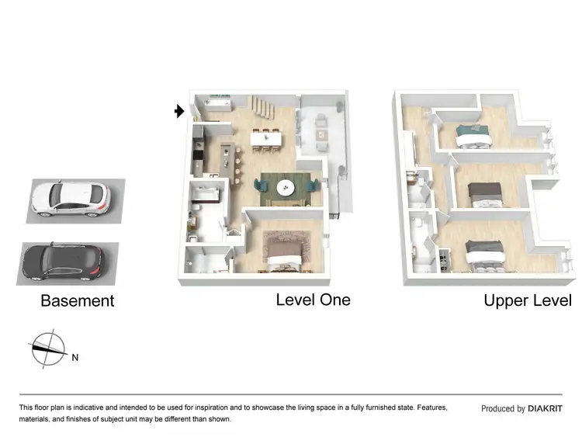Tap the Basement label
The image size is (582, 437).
[x=77, y=301]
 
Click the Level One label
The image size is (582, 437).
[x=313, y=300]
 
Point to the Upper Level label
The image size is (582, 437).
[x=527, y=300]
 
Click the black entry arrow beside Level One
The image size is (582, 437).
[x=179, y=112]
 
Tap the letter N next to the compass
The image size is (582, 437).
[x=74, y=359]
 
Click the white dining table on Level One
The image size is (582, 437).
[x=266, y=138]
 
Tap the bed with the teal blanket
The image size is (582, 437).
[x=473, y=136]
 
